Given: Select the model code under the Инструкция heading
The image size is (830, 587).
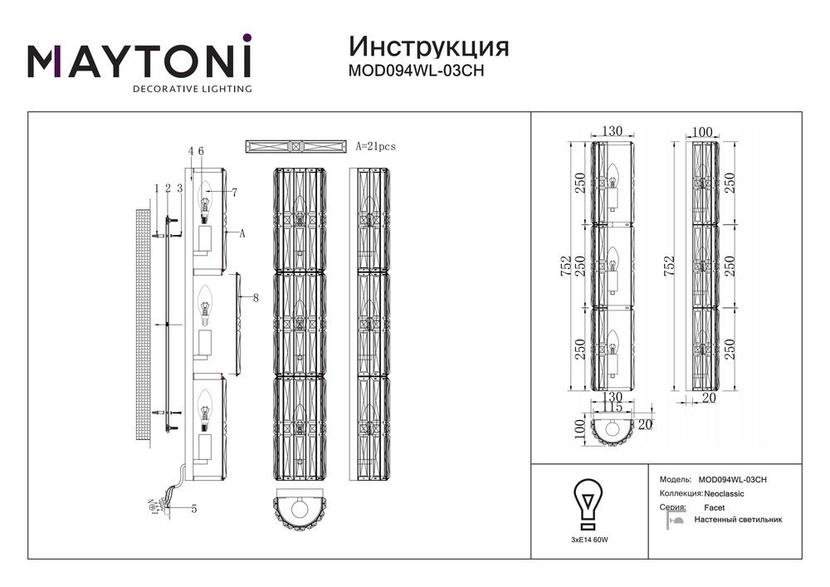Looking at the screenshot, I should (x=415, y=71).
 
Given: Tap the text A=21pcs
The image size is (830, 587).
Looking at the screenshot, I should (x=375, y=146).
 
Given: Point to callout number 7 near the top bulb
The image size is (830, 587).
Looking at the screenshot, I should (x=235, y=193).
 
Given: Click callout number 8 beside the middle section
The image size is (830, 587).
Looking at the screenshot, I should (x=256, y=297).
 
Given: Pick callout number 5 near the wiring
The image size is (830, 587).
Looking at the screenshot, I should (x=193, y=509).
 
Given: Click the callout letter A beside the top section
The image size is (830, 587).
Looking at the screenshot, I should (x=242, y=234).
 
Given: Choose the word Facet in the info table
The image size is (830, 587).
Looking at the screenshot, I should (x=714, y=506).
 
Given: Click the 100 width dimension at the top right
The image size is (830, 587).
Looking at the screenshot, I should (x=702, y=132).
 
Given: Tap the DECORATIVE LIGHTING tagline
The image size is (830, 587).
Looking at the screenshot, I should (x=193, y=89).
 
